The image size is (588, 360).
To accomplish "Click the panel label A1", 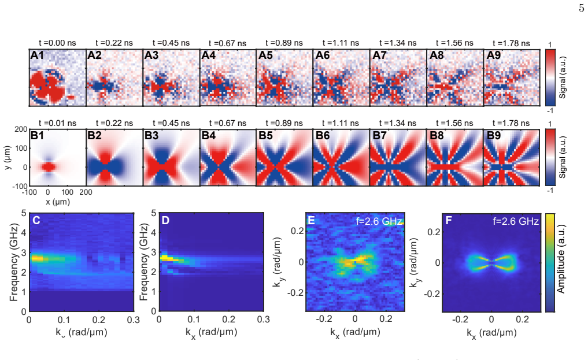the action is pyautogui.click(x=37, y=55).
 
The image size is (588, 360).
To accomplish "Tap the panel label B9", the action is pyautogui.click(x=494, y=135).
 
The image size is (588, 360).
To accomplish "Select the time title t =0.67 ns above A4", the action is pyautogui.click(x=228, y=43).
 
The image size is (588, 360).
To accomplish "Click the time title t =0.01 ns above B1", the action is pyautogui.click(x=57, y=123).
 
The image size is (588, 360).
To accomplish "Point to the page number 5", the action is pyautogui.click(x=581, y=8).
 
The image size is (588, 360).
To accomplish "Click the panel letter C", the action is pyautogui.click(x=36, y=220).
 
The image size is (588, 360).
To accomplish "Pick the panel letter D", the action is pyautogui.click(x=166, y=220).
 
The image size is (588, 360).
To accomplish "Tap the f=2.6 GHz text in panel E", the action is pyautogui.click(x=379, y=221).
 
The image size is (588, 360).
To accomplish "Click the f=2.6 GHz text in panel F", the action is pyautogui.click(x=516, y=221).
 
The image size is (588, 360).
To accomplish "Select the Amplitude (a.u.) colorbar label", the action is pyautogui.click(x=561, y=259).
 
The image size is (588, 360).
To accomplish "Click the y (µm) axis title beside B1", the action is pyautogui.click(x=8, y=158).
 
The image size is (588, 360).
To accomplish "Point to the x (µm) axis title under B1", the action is pyautogui.click(x=58, y=202).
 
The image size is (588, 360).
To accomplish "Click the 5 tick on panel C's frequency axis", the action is pyautogui.click(x=24, y=213).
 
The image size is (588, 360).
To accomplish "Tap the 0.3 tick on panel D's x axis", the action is pyautogui.click(x=264, y=320).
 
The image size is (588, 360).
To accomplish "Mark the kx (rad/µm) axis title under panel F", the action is pyautogui.click(x=491, y=333).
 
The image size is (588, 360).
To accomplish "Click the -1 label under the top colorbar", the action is pyautogui.click(x=550, y=111).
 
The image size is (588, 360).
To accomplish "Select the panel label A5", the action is pyautogui.click(x=265, y=55).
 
